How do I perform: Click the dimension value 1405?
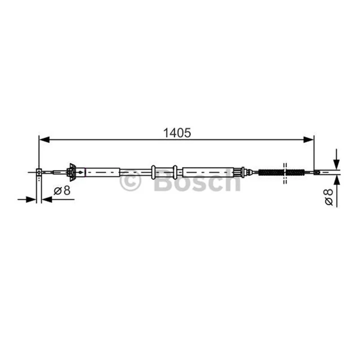(x=177, y=133)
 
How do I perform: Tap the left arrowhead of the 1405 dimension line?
(x=44, y=139)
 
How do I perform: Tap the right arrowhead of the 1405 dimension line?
(x=308, y=139)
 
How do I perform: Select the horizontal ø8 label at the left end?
(x=62, y=190)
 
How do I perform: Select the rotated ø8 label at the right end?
(x=329, y=197)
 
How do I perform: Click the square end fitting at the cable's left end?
(x=39, y=172)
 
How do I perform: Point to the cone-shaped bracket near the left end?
(x=72, y=172)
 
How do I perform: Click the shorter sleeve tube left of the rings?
(x=103, y=172)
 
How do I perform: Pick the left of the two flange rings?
(x=153, y=172)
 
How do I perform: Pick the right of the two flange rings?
(x=175, y=172)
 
